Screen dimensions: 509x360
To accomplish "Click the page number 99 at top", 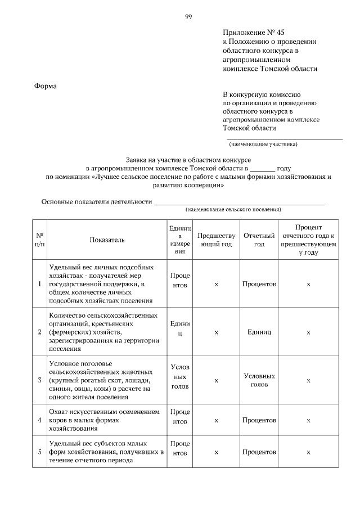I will coord(189,16).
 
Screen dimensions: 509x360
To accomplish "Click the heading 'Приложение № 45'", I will coord(250,33).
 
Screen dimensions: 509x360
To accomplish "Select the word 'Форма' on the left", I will coord(46,86).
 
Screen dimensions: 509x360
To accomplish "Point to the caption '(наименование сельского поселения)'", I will coord(233,209).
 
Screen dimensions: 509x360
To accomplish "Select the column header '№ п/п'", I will coord(40,240).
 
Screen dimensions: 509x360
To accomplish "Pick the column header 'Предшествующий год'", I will coord(216,240).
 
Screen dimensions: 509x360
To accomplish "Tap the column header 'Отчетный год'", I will coord(259,240).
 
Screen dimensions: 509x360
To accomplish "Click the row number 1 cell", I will coord(40,284).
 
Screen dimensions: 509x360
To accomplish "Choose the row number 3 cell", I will coord(40,380).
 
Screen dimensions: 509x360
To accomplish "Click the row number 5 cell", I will coord(40,452).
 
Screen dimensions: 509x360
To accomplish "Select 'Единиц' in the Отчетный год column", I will coord(259,332).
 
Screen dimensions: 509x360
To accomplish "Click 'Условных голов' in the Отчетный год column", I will coord(259,380).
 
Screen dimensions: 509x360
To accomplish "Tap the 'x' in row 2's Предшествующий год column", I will coord(216,332).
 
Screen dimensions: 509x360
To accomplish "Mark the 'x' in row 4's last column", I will coord(308,420).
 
